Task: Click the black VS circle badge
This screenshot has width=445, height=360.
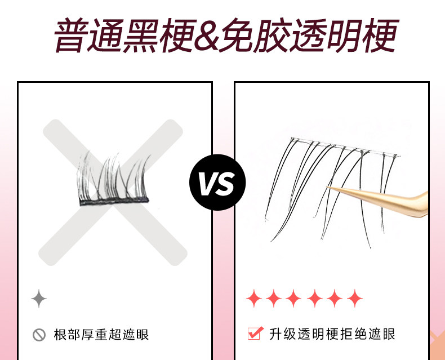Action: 217,183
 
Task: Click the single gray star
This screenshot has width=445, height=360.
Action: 38,299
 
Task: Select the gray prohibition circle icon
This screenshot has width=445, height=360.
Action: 39,335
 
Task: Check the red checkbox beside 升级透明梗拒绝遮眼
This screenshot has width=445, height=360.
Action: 255,334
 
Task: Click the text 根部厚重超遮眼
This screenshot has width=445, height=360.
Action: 101,335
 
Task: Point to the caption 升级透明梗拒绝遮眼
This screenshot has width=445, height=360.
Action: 332,334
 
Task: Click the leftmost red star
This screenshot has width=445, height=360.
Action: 254,299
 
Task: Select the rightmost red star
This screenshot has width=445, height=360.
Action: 355,299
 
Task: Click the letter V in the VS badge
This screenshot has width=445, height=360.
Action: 208,183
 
